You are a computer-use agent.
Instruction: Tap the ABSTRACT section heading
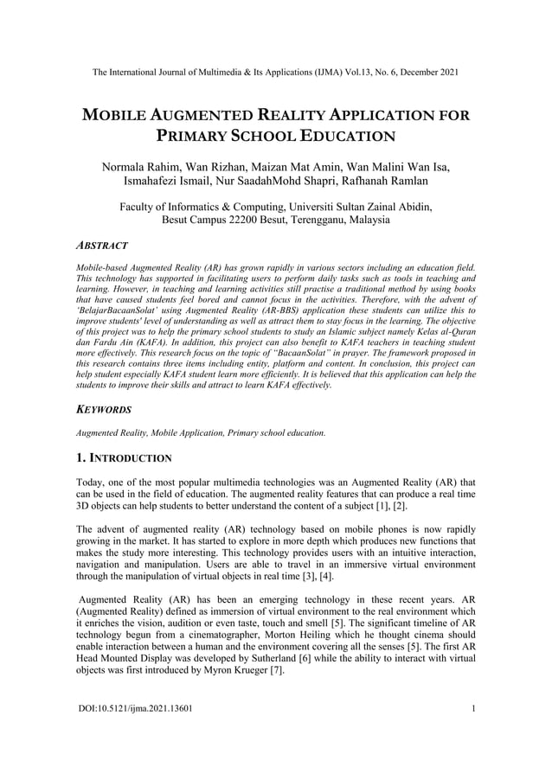tap(103, 246)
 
